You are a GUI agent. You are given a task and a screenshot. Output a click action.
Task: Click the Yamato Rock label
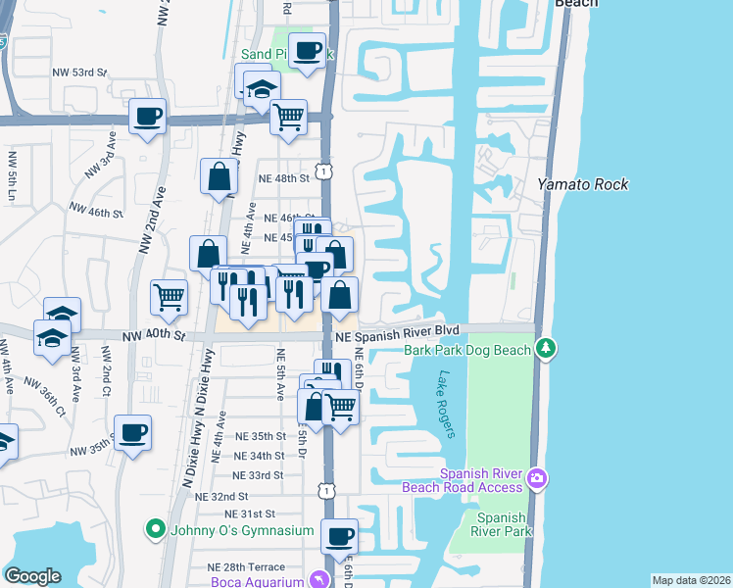(582, 184)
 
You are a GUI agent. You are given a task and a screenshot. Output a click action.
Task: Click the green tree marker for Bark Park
(546, 348)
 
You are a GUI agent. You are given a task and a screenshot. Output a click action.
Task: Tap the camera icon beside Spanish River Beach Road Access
(536, 478)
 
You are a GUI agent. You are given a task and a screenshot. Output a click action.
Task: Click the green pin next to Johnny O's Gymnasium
(154, 530)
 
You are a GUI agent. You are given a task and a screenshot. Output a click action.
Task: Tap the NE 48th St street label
(283, 178)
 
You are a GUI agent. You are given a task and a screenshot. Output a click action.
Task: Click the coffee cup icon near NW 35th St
(132, 431)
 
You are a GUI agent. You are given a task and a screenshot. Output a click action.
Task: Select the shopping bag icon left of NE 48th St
(219, 176)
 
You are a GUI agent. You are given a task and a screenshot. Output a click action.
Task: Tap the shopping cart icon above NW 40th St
(170, 297)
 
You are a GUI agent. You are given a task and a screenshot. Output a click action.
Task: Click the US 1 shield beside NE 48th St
(323, 171)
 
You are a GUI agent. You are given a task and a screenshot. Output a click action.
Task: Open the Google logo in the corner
(32, 576)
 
